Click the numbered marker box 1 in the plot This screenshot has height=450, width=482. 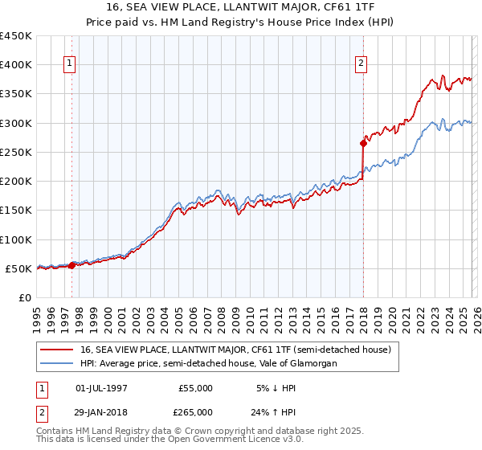click(71, 63)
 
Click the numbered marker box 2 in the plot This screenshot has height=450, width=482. click(361, 63)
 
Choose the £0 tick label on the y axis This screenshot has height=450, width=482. click(24, 298)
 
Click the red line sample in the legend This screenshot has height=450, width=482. click(59, 350)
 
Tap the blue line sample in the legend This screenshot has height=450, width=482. click(59, 364)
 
